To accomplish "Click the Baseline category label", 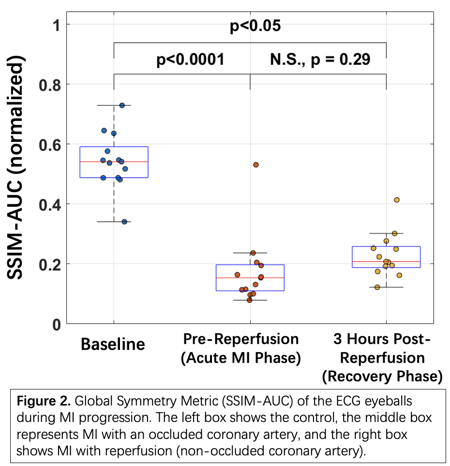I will [113, 344].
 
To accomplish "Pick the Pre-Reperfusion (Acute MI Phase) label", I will [240, 348].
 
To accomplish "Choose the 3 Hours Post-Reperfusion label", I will [382, 357].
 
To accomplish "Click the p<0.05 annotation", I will [255, 26].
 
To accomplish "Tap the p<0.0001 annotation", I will [190, 60].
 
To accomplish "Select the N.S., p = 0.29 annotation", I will [320, 60].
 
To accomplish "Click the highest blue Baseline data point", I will [122, 105].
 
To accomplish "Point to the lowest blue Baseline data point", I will [124, 221].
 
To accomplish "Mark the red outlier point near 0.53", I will [256, 165].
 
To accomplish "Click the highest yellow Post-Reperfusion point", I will [397, 200].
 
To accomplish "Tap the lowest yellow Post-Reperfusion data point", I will [377, 287].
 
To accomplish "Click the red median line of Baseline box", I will [114, 162].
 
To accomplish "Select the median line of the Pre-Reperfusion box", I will [250, 278].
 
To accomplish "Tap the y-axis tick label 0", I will [57, 324].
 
